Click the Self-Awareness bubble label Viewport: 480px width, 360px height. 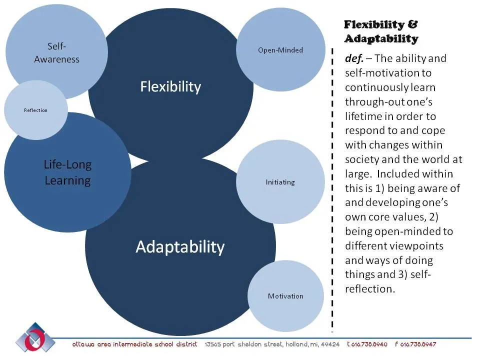click(x=56, y=52)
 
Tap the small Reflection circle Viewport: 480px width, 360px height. click(x=35, y=110)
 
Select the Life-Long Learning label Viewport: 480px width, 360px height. click(x=67, y=172)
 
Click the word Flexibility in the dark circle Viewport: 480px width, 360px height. click(x=170, y=87)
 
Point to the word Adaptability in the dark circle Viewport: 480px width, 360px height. click(x=180, y=246)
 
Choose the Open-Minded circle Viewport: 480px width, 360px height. click(x=280, y=50)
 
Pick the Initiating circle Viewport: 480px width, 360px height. click(x=280, y=182)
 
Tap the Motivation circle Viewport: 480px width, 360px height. click(x=285, y=296)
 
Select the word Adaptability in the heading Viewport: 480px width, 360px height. click(x=380, y=38)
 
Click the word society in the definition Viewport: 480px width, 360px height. click(x=360, y=159)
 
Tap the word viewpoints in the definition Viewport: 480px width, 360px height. click(x=419, y=246)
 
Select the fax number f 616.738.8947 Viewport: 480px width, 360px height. click(x=415, y=345)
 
